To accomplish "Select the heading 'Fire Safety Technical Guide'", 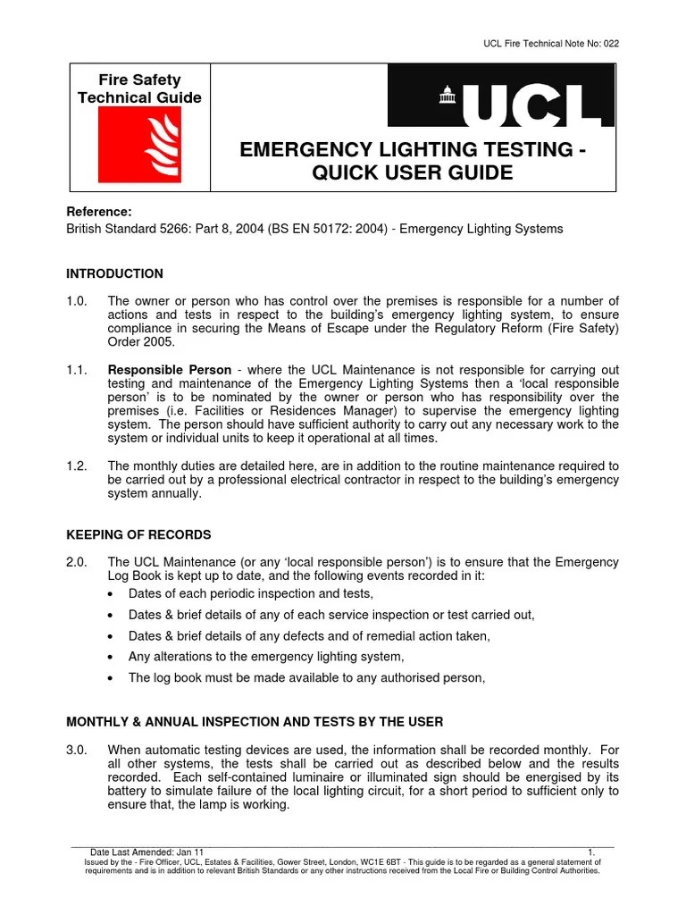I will tap(139, 89).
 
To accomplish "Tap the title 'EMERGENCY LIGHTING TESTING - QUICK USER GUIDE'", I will tap(413, 161).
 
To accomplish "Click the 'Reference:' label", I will tap(99, 212).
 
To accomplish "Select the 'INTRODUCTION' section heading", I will tap(115, 273).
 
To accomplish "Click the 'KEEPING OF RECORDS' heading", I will tap(139, 534).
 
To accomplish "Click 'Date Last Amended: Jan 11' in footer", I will tap(147, 852).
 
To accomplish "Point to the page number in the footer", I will tap(591, 852).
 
